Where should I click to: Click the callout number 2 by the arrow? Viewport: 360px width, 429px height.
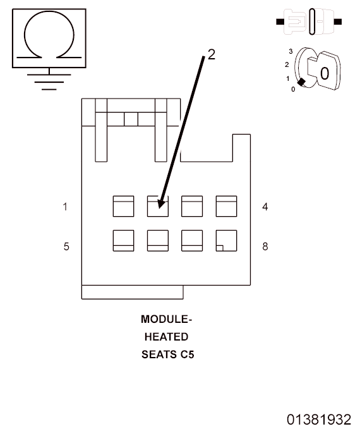(x=212, y=54)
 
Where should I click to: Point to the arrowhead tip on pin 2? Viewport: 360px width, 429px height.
(x=160, y=208)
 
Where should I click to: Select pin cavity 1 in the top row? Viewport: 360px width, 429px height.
(x=123, y=207)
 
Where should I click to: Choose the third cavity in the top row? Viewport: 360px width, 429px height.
(x=192, y=207)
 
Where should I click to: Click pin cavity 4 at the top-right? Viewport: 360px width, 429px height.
(x=226, y=207)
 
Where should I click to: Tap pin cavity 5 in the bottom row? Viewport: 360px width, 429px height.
(x=123, y=241)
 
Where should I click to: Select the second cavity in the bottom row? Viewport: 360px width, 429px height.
(x=158, y=241)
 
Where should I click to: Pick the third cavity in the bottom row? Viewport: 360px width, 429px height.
(x=192, y=241)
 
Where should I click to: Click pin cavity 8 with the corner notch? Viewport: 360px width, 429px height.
(x=226, y=241)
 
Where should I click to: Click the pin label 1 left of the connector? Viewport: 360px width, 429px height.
(x=65, y=207)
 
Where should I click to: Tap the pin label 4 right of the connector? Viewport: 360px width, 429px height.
(x=265, y=207)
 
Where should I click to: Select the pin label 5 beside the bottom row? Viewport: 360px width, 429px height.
(x=66, y=246)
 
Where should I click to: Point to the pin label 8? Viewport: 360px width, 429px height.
(x=265, y=246)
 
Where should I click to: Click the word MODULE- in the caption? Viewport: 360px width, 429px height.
(x=166, y=319)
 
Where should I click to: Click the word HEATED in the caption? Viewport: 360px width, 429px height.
(x=166, y=337)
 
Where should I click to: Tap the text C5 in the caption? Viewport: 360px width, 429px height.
(x=187, y=354)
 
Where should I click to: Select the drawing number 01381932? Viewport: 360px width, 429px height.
(x=319, y=420)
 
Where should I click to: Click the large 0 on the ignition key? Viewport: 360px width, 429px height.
(x=325, y=73)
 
